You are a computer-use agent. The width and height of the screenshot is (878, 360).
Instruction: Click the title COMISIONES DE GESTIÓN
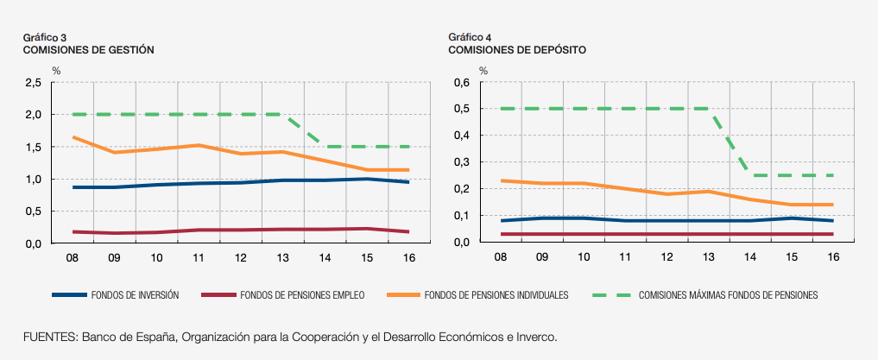[x=88, y=50]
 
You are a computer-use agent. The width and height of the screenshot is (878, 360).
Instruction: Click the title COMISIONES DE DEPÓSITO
[x=517, y=50]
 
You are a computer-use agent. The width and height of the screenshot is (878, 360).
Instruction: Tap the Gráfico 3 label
[x=45, y=37]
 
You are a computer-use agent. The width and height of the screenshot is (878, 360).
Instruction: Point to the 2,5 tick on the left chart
[x=34, y=83]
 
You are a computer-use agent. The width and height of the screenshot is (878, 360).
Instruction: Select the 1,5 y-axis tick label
[x=34, y=148]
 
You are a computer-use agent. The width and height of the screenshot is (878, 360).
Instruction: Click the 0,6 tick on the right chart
[x=460, y=83]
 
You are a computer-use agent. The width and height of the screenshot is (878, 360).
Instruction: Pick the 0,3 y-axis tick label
[x=460, y=162]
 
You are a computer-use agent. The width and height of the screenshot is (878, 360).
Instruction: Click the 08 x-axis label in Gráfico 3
[x=73, y=257]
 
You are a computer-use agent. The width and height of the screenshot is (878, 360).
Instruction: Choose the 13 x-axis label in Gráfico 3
[x=284, y=257]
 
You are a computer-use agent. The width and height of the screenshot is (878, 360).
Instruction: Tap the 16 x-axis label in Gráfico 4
[x=833, y=257]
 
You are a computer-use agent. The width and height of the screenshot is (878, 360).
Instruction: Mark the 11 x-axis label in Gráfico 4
[x=625, y=257]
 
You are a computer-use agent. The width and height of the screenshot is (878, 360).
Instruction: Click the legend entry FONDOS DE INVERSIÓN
[x=134, y=295]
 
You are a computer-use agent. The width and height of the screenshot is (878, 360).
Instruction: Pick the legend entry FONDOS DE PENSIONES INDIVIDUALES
[x=496, y=295]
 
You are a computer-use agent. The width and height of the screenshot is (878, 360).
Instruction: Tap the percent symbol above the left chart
[x=56, y=70]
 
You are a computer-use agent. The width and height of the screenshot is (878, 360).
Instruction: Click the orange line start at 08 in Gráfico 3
[x=73, y=137]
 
